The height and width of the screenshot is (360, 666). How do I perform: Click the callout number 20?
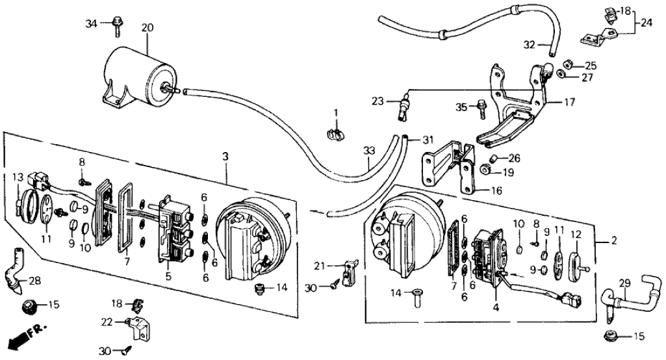click(147, 28)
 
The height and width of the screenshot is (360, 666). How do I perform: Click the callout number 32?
click(530, 45)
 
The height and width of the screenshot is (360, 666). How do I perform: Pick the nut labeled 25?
click(566, 65)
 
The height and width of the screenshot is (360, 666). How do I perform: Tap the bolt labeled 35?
click(481, 107)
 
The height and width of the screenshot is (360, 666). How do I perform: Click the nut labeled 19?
click(485, 172)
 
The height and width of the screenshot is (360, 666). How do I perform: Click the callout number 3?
click(225, 157)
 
